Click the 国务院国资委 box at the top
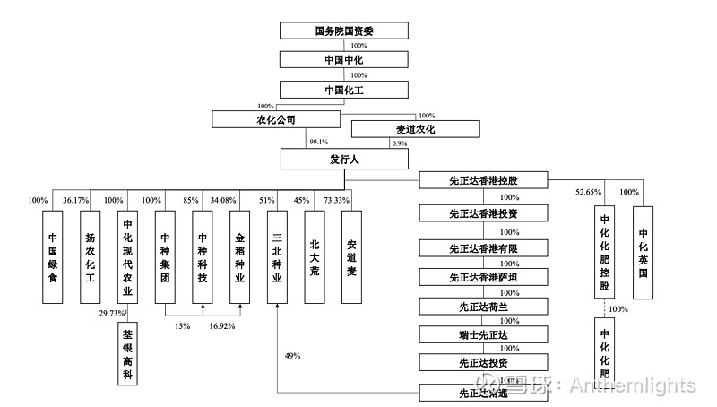coord(344,30)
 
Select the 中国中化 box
coord(344,59)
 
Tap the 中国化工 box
coord(344,90)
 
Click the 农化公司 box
coord(270,118)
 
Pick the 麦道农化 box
coord(415,129)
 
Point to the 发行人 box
coord(344,159)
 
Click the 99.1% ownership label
coord(318,142)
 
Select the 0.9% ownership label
coord(399,143)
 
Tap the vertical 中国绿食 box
coord(53,255)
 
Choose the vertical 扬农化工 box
coord(90,255)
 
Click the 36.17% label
coord(76,200)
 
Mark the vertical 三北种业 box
coord(277,255)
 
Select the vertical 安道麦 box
coord(351,255)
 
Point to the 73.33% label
coord(336,200)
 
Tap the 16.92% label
coord(222,326)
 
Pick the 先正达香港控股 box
coord(483,180)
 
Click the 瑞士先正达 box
coord(483,335)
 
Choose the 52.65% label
coord(587,192)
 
